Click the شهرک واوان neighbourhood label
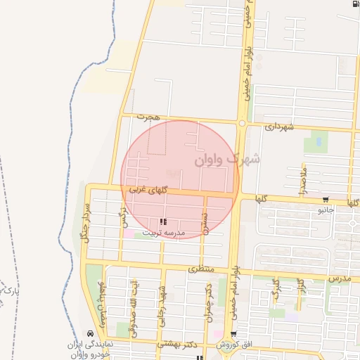(x=226, y=160)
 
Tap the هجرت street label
(x=148, y=116)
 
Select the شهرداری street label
(x=278, y=127)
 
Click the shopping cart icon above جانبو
(x=324, y=200)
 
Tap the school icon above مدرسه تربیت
(x=163, y=222)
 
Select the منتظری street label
(x=205, y=269)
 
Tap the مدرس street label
(x=339, y=279)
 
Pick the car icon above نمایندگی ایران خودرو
(x=90, y=333)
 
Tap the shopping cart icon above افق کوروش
(x=233, y=334)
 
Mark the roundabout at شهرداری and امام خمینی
(x=242, y=123)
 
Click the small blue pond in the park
(x=319, y=141)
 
